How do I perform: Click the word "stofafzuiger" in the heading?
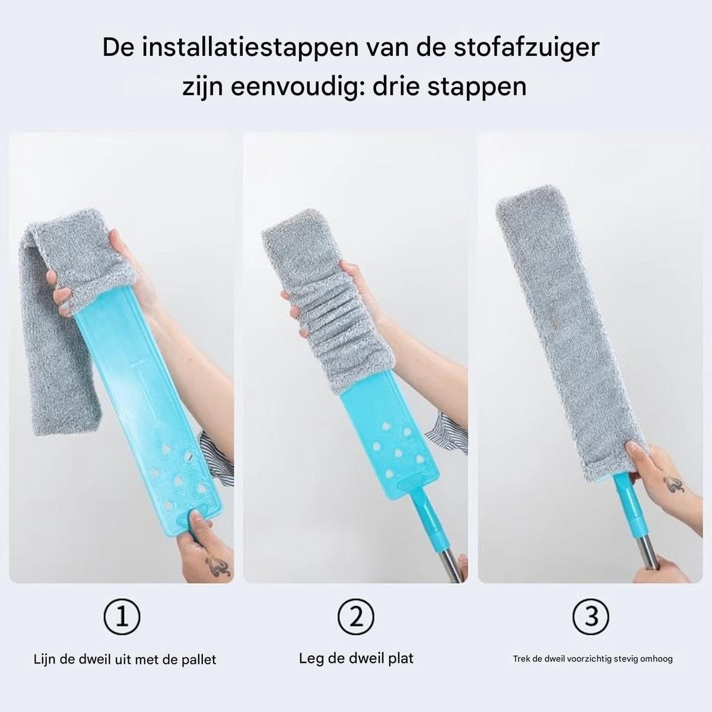526,48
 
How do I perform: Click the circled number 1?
122,616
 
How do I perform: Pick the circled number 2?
356,616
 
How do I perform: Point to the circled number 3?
591,616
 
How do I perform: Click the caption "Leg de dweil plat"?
356,659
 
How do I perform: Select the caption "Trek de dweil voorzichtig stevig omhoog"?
593,659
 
